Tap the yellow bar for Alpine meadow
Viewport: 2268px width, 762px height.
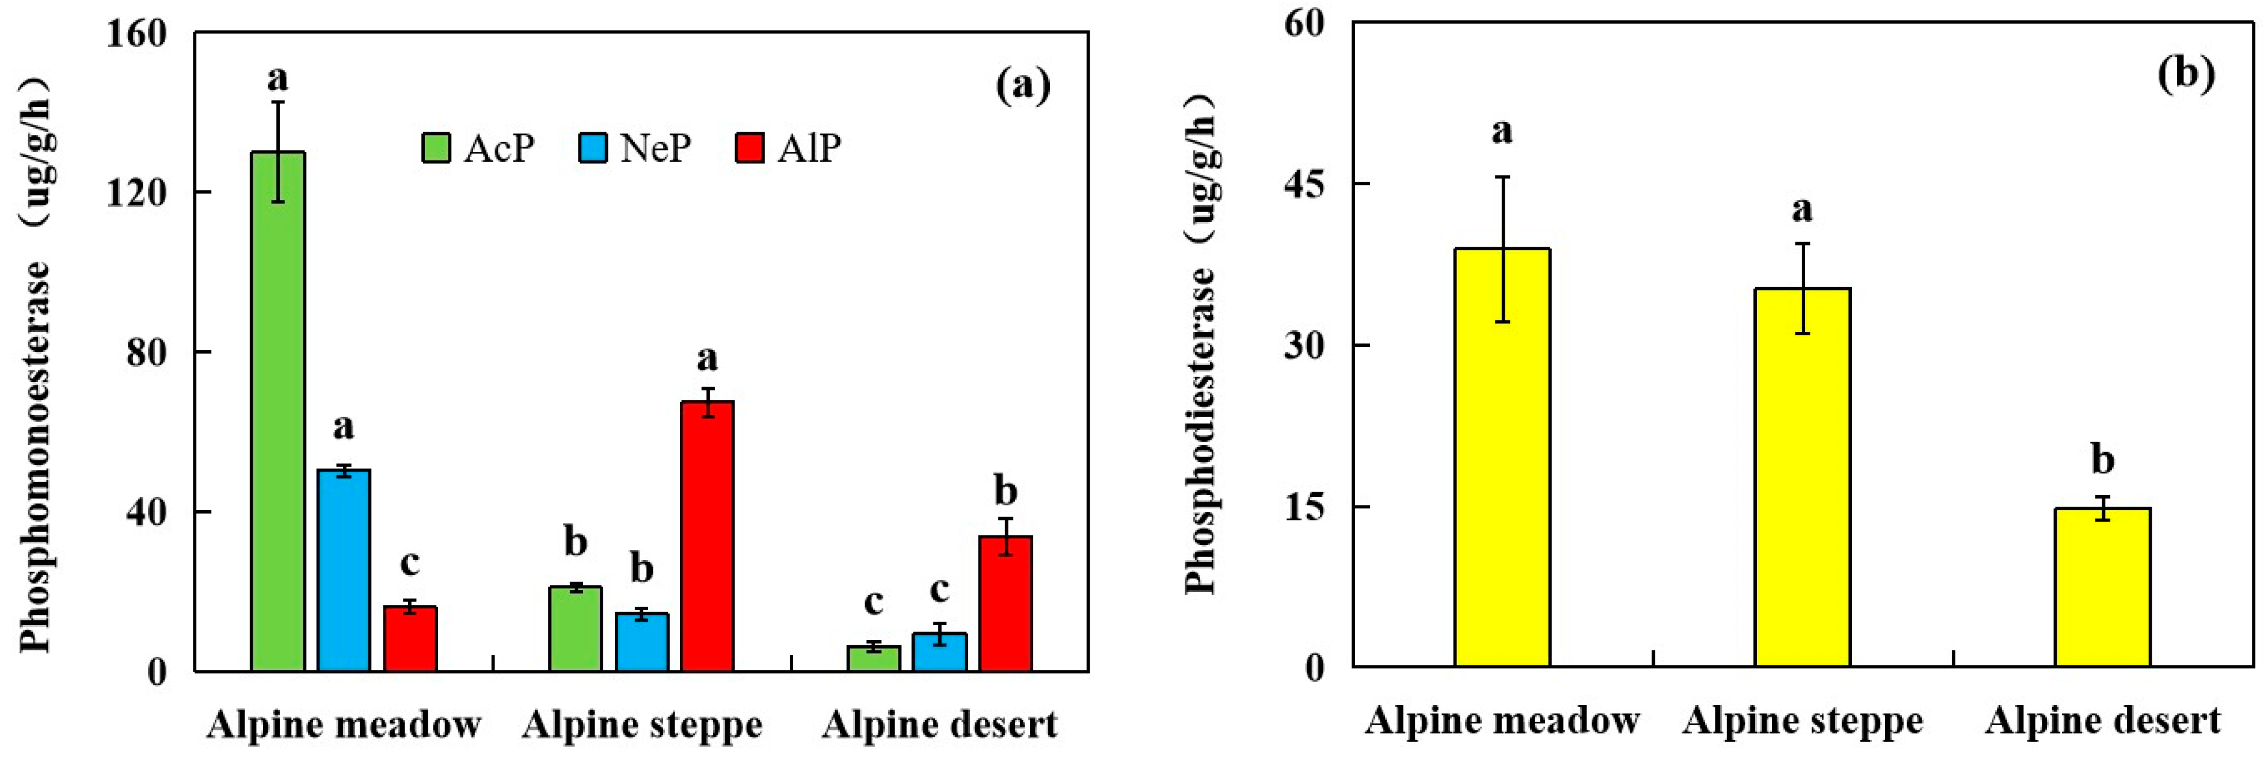click(1502, 458)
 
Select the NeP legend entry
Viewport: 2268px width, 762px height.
click(634, 148)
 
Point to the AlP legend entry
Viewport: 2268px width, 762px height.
click(788, 148)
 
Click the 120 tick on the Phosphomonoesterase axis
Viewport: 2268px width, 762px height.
click(136, 193)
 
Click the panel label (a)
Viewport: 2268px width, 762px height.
click(1023, 86)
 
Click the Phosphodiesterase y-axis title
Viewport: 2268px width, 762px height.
click(1202, 343)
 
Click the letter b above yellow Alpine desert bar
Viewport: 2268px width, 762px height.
click(2102, 460)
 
